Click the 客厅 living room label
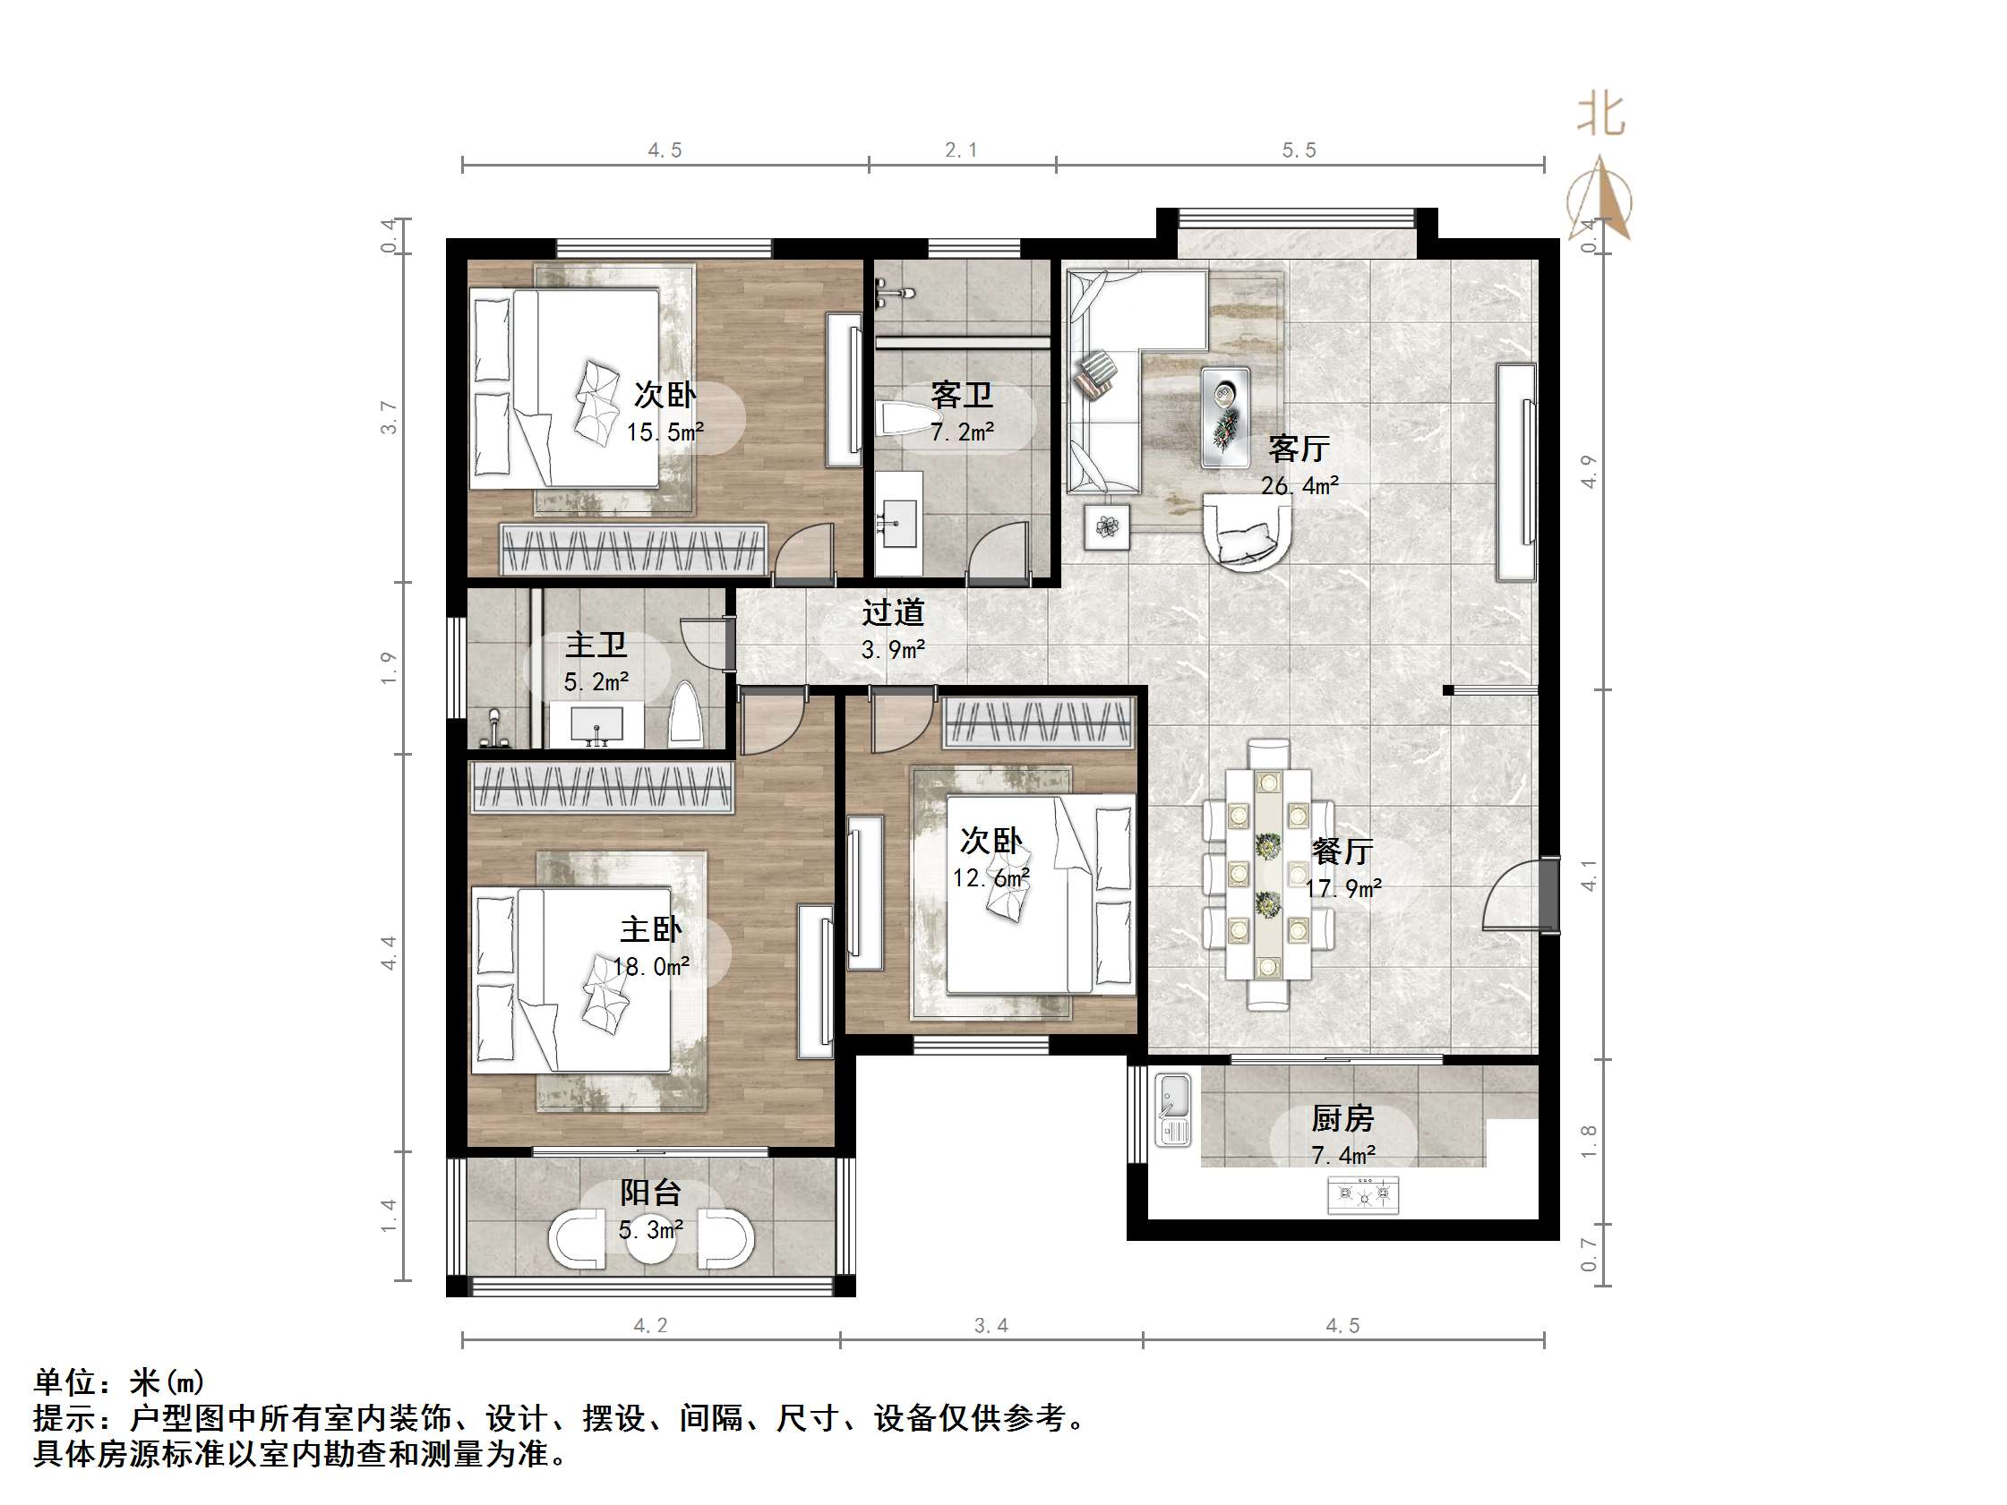pyautogui.click(x=1299, y=449)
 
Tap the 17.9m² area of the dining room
pyautogui.click(x=1342, y=888)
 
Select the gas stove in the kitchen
pyautogui.click(x=1363, y=1194)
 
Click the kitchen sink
pyautogui.click(x=1173, y=1110)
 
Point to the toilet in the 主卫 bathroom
pyautogui.click(x=685, y=715)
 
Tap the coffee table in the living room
pyautogui.click(x=1224, y=417)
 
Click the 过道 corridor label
pyautogui.click(x=893, y=613)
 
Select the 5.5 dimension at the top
pyautogui.click(x=1299, y=150)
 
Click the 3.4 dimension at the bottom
pyautogui.click(x=991, y=1325)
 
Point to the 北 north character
pyautogui.click(x=1600, y=116)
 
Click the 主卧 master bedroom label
pyautogui.click(x=650, y=930)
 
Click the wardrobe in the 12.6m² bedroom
pyautogui.click(x=1039, y=723)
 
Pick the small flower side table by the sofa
pyautogui.click(x=1107, y=526)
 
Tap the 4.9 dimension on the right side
pyautogui.click(x=1588, y=471)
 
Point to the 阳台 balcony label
pyautogui.click(x=650, y=1193)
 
